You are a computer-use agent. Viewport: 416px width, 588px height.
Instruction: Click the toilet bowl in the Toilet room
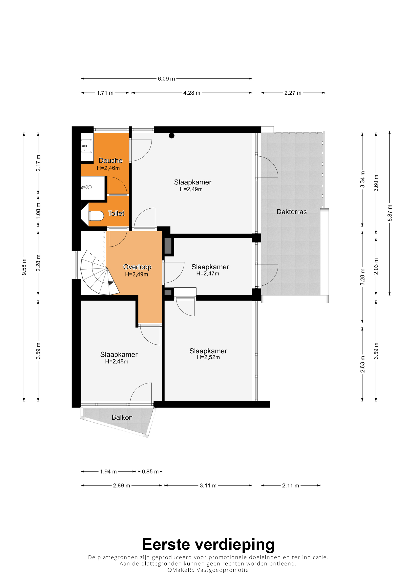click(x=96, y=216)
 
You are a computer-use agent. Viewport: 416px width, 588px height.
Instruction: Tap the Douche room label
click(x=111, y=161)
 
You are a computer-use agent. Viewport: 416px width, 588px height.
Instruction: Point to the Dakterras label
click(x=291, y=212)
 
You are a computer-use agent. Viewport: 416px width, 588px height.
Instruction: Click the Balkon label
click(x=122, y=417)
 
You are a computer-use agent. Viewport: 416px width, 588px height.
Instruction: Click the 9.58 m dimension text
click(x=24, y=267)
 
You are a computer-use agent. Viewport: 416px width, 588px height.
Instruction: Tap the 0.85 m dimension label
click(x=150, y=471)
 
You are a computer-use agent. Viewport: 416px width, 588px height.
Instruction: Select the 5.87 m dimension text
click(x=390, y=213)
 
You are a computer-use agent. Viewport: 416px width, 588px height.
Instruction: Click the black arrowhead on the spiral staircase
click(x=111, y=283)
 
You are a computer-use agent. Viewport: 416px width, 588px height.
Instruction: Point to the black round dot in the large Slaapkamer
click(x=172, y=136)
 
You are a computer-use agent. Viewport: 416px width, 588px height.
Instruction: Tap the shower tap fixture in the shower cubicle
click(x=86, y=187)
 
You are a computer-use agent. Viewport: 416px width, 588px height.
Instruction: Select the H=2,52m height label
click(x=208, y=357)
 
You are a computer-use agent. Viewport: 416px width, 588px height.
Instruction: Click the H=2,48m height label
click(x=117, y=361)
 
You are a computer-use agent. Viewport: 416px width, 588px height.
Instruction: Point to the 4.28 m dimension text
click(x=192, y=93)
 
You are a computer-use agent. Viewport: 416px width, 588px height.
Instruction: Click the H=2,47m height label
click(x=208, y=274)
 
